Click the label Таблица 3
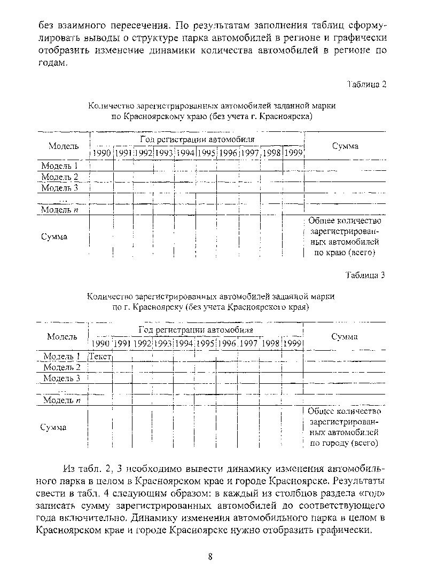[365, 275]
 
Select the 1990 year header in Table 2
[101, 153]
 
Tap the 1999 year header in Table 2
[293, 153]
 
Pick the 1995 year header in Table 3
[205, 343]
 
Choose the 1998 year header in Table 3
[270, 343]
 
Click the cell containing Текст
[100, 356]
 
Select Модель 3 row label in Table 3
[61, 378]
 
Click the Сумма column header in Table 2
[345, 146]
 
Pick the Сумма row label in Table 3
[53, 427]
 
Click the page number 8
[210, 557]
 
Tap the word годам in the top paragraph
[53, 62]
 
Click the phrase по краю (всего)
[345, 253]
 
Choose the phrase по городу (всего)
[345, 443]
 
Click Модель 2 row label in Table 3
[61, 367]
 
